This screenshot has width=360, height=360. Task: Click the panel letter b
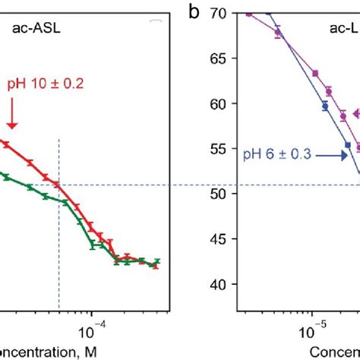196,13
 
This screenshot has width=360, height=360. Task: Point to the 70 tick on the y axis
221,13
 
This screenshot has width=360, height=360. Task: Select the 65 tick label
221,58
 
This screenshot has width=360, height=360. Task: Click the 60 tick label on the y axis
221,103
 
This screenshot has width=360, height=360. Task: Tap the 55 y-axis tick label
221,149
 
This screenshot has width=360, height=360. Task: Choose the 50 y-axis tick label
221,194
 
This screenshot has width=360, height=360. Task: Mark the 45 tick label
221,239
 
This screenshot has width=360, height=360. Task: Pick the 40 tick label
221,284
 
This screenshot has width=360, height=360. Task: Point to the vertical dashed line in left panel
58,228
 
